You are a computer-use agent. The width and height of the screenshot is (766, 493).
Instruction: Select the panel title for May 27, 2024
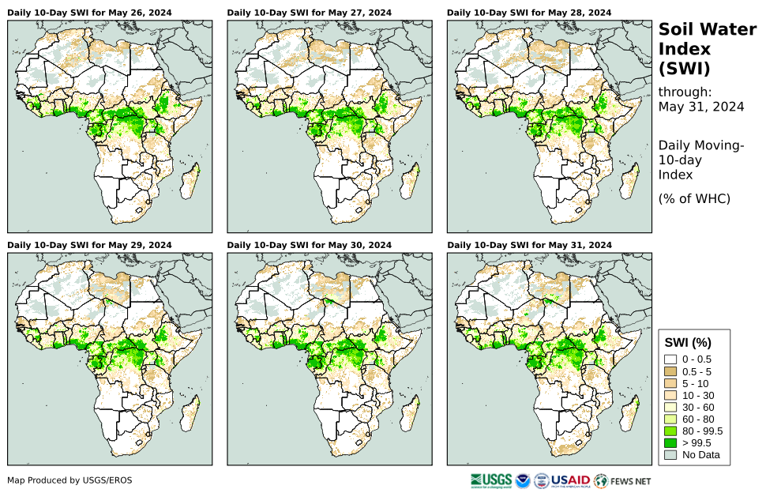pyautogui.click(x=309, y=13)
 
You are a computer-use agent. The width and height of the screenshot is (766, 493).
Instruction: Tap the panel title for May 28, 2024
pyautogui.click(x=529, y=13)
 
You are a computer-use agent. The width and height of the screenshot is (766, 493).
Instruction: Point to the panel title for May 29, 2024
pyautogui.click(x=89, y=245)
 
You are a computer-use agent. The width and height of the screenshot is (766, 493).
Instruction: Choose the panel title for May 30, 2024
pyautogui.click(x=309, y=245)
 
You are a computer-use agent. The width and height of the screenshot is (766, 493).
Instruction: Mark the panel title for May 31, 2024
pyautogui.click(x=529, y=245)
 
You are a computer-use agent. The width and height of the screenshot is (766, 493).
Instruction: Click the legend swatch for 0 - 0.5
pyautogui.click(x=671, y=359)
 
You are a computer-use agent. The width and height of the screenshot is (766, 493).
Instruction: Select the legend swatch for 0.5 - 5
pyautogui.click(x=671, y=371)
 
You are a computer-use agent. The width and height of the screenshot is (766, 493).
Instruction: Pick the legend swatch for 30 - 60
pyautogui.click(x=671, y=407)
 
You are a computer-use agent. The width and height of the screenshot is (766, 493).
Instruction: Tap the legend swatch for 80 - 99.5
pyautogui.click(x=671, y=431)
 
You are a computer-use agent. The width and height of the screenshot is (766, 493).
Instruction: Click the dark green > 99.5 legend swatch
pyautogui.click(x=671, y=442)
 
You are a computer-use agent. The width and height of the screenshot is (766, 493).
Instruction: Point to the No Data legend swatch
pyautogui.click(x=671, y=454)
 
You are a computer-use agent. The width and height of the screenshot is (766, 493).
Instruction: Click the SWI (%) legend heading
pyautogui.click(x=688, y=342)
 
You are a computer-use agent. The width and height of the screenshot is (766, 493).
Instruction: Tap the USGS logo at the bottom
pyautogui.click(x=490, y=480)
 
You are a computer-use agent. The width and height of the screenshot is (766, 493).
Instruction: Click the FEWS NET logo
pyautogui.click(x=623, y=480)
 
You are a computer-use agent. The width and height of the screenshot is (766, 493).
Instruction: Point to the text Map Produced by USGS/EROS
pyautogui.click(x=69, y=480)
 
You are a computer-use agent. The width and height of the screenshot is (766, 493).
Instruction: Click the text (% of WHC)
pyautogui.click(x=694, y=198)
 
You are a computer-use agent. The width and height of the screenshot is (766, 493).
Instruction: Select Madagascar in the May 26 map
pyautogui.click(x=191, y=184)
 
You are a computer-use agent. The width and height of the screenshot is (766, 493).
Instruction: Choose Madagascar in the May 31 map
pyautogui.click(x=631, y=416)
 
